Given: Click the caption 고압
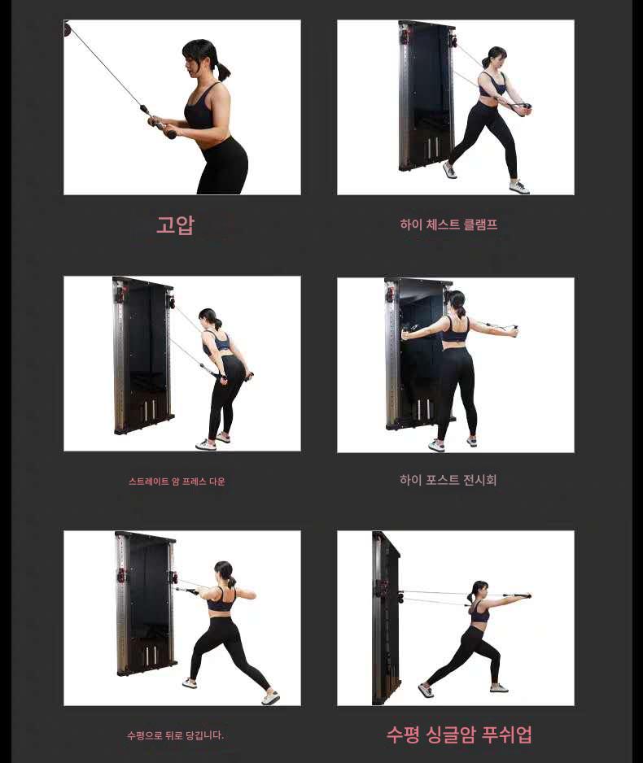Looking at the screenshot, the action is click(x=175, y=225).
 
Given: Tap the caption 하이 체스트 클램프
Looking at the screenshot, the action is click(x=448, y=225).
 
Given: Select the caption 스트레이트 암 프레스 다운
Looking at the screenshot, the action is click(x=177, y=482).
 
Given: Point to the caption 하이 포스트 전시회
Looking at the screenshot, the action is click(x=448, y=480).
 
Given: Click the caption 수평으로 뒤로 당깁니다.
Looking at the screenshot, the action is click(x=175, y=735).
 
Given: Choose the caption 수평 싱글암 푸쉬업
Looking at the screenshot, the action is click(x=459, y=735).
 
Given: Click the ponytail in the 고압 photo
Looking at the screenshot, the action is click(x=222, y=70).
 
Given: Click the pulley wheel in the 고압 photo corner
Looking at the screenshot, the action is click(x=68, y=28).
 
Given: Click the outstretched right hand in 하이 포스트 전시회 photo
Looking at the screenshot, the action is click(x=513, y=331).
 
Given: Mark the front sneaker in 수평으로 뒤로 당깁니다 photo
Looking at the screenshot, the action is click(x=271, y=697).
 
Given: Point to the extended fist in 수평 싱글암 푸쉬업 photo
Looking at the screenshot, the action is click(x=526, y=596).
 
